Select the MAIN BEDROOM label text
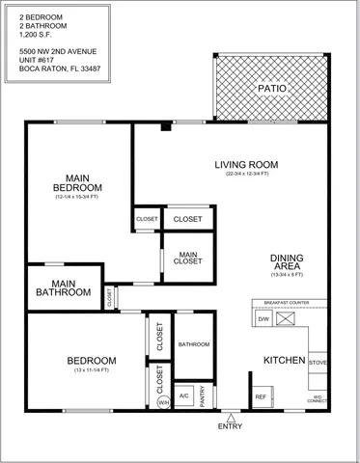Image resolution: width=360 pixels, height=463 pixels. (x=77, y=182)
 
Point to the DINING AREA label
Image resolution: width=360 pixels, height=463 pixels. (x=287, y=262)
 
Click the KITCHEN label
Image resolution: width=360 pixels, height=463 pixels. (x=285, y=360)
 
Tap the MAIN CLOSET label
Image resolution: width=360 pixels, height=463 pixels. (x=188, y=258)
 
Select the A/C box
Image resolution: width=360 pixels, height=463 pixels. (x=183, y=395)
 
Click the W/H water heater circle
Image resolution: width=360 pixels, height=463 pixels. (x=163, y=403)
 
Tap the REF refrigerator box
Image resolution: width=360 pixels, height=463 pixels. (x=261, y=396)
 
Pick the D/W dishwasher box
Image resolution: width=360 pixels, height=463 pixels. (x=263, y=318)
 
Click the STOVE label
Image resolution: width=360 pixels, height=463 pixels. (x=319, y=363)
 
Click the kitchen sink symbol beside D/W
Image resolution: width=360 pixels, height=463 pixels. (x=287, y=318)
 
